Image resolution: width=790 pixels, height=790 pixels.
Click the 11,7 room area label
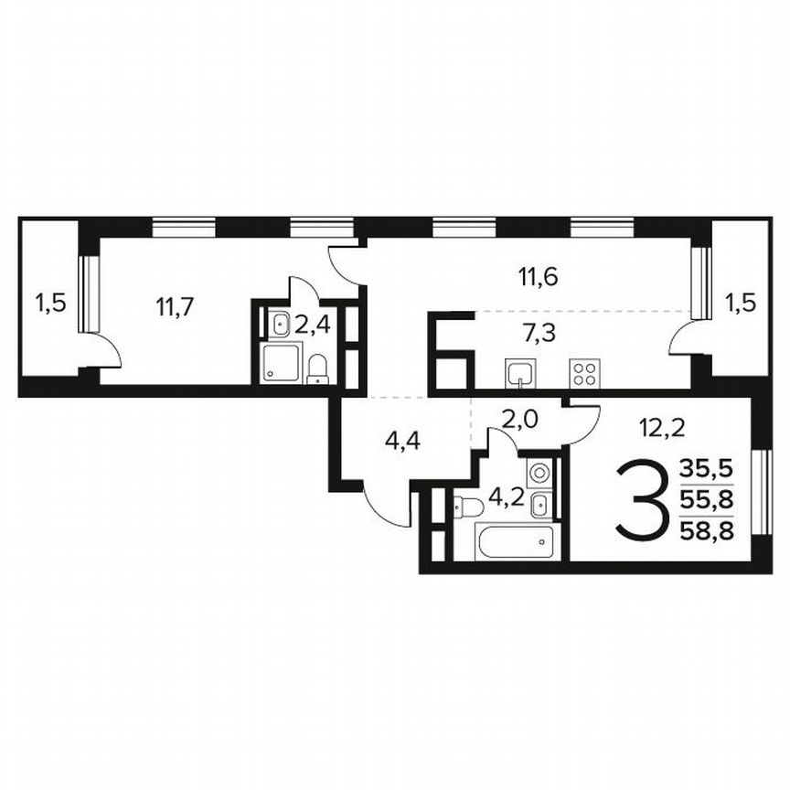pyautogui.click(x=174, y=305)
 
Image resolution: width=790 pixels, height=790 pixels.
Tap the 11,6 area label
pyautogui.click(x=537, y=275)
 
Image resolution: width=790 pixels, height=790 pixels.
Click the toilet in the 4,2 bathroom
pyautogui.click(x=469, y=507)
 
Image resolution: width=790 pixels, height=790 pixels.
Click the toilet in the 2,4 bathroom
pyautogui.click(x=317, y=368)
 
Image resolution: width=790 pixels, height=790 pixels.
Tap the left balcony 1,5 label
pyautogui.click(x=50, y=302)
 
